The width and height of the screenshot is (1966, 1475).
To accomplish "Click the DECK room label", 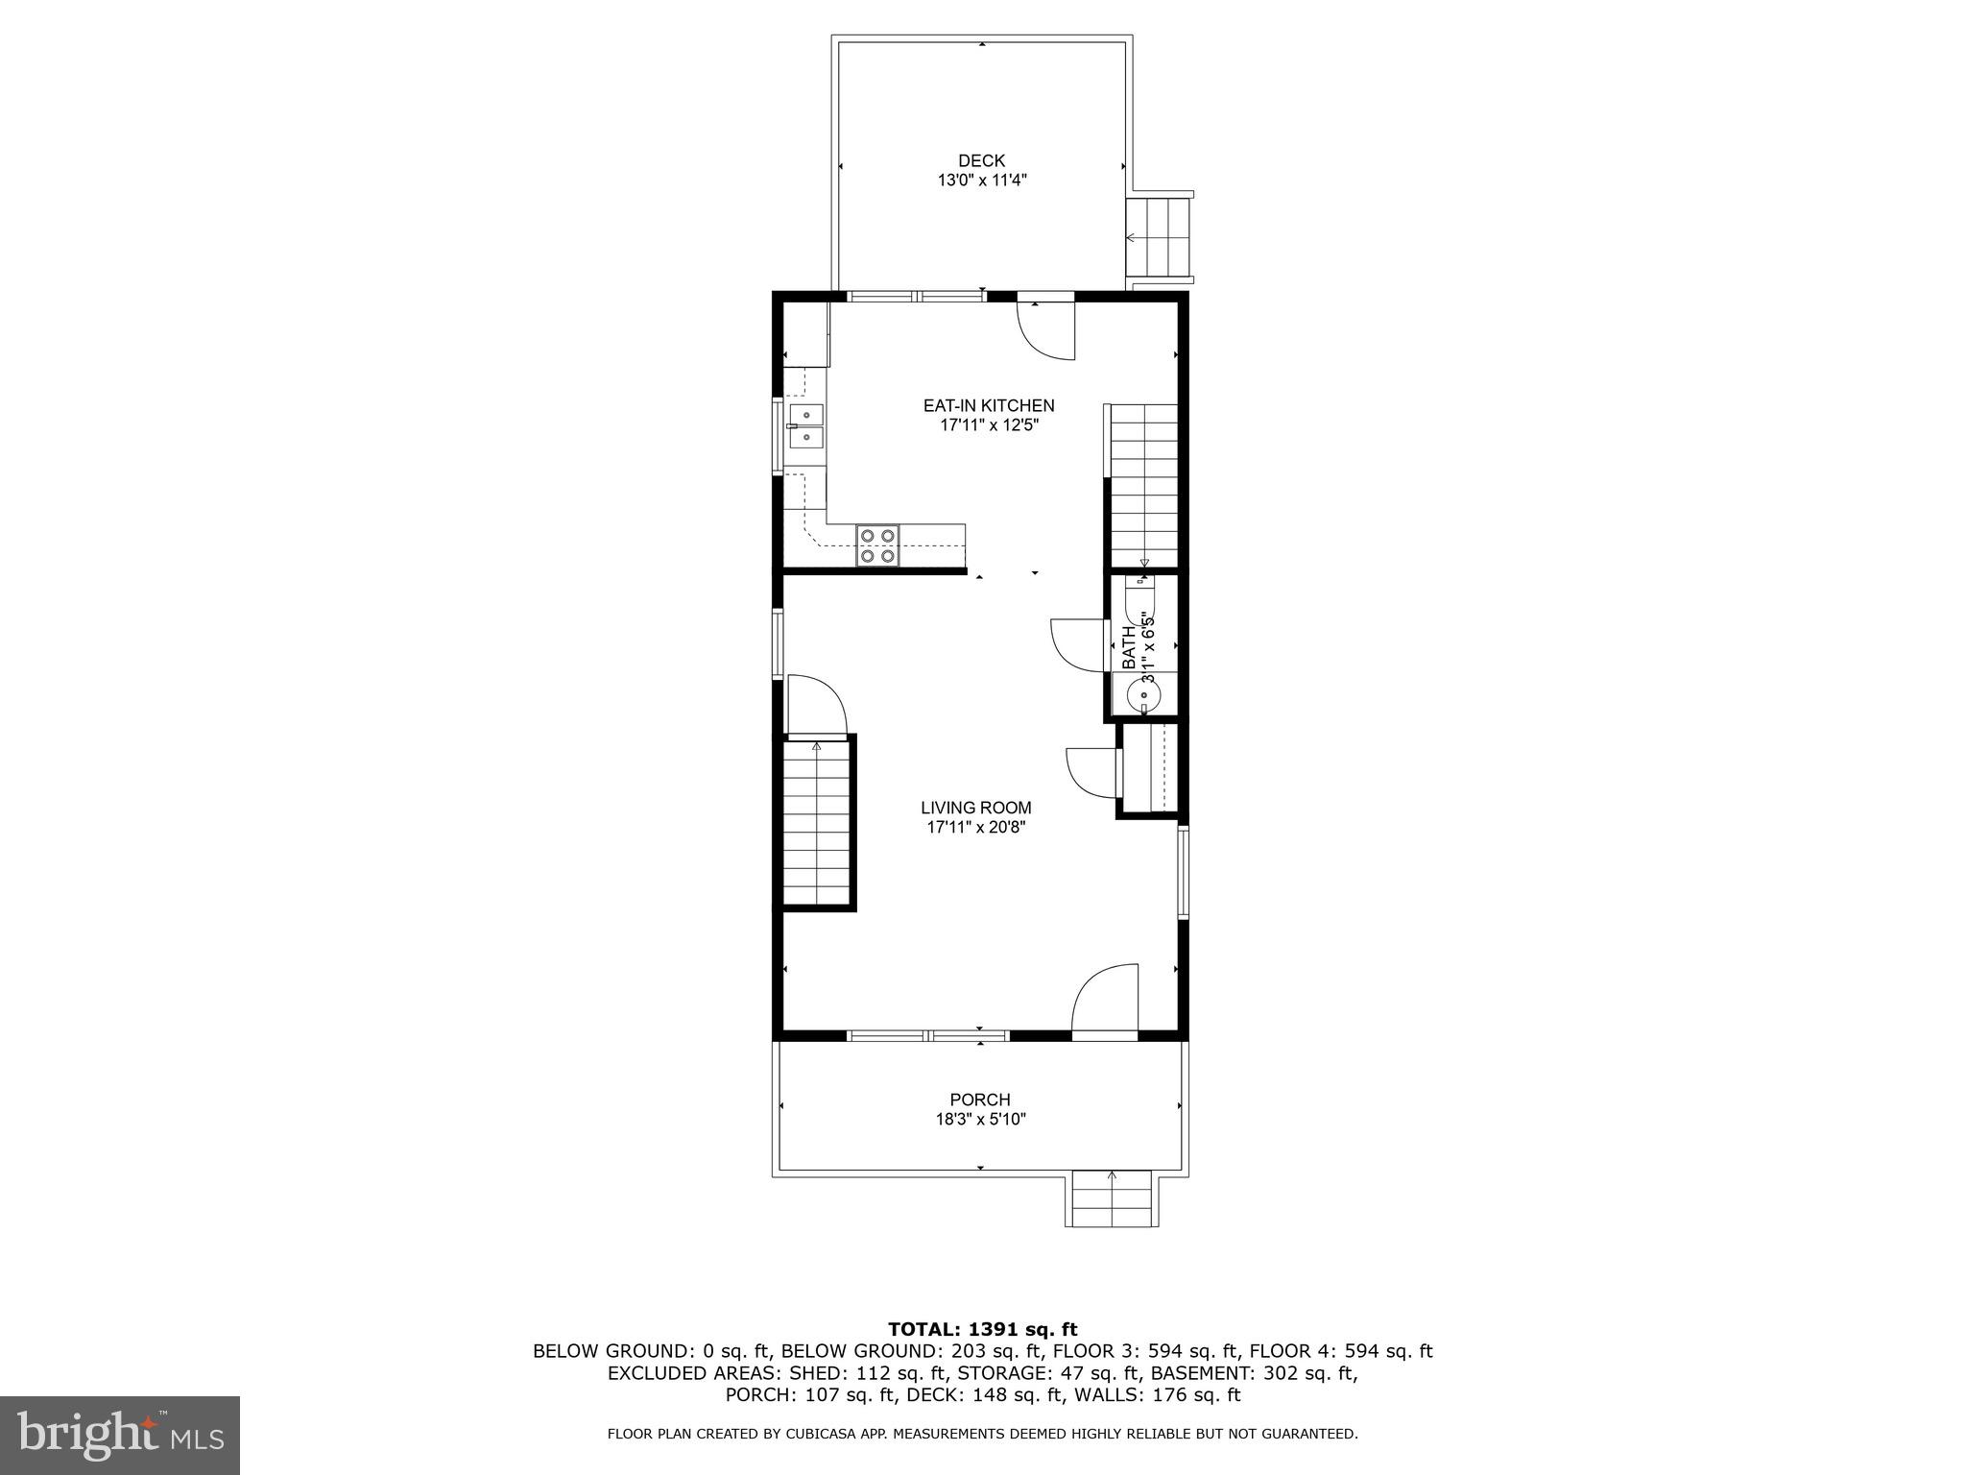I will point(981,161).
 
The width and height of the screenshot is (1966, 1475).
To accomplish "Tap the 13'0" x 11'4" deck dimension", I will point(981,181).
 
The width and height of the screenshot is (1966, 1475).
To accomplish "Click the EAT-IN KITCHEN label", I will point(988,406).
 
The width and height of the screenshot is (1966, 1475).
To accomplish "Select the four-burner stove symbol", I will point(877,545).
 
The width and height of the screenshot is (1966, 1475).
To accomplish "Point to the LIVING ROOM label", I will point(975,809).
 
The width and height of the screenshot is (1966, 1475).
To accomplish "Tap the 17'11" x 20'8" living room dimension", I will point(975,828).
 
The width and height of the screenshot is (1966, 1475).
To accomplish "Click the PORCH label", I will point(979,1100).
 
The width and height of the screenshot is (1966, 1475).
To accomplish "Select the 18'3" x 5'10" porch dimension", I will point(979,1120).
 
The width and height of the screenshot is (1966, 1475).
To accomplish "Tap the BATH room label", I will point(1129,645).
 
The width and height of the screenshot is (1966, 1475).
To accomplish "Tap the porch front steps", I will point(1112,1200).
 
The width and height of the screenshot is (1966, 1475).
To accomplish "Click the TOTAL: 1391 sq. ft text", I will point(982,1330).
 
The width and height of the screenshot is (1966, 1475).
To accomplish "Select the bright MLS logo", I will point(120,1435).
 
